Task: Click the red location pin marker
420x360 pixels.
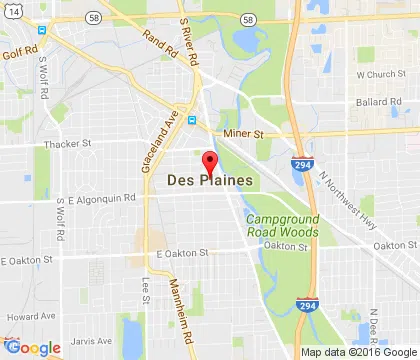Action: pos(209,162)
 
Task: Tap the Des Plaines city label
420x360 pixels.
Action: pos(209,181)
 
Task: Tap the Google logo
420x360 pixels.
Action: pos(33,347)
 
